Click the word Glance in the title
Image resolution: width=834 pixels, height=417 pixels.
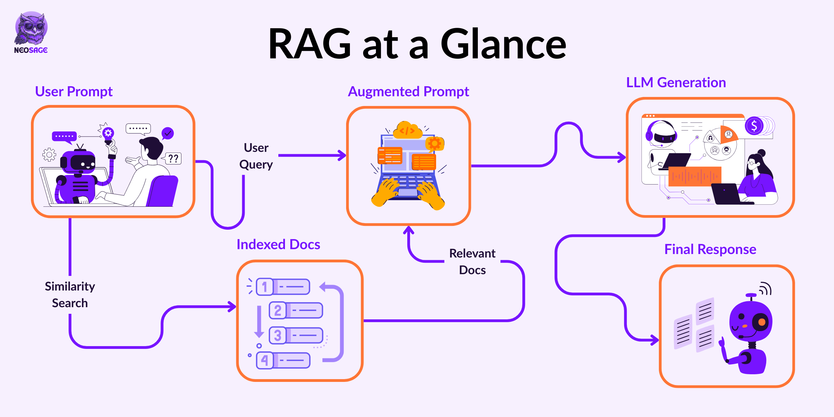[504, 44]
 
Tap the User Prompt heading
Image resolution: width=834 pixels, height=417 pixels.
[74, 91]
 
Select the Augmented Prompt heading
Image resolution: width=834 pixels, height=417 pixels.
[408, 92]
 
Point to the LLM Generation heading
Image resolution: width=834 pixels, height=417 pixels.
[676, 82]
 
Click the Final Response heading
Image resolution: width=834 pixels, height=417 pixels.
[710, 250]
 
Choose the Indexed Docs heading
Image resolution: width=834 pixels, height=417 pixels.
[278, 244]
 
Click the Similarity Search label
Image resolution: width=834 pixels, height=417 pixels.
[70, 295]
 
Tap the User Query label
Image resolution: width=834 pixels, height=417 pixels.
[256, 156]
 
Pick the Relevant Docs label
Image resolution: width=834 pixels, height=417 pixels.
[472, 262]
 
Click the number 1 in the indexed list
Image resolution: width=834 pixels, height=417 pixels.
[265, 287]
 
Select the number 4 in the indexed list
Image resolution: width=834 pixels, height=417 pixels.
[265, 360]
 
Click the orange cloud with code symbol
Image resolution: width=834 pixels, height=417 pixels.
[408, 130]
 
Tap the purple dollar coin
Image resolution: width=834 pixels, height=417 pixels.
[754, 126]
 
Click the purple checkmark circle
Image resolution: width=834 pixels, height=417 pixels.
[168, 133]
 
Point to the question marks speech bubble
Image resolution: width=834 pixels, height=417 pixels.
[173, 158]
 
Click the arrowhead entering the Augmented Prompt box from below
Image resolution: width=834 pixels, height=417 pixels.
[409, 230]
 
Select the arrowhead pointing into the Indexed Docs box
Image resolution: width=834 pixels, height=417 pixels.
[232, 306]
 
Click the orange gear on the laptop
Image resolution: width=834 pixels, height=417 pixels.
[434, 143]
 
